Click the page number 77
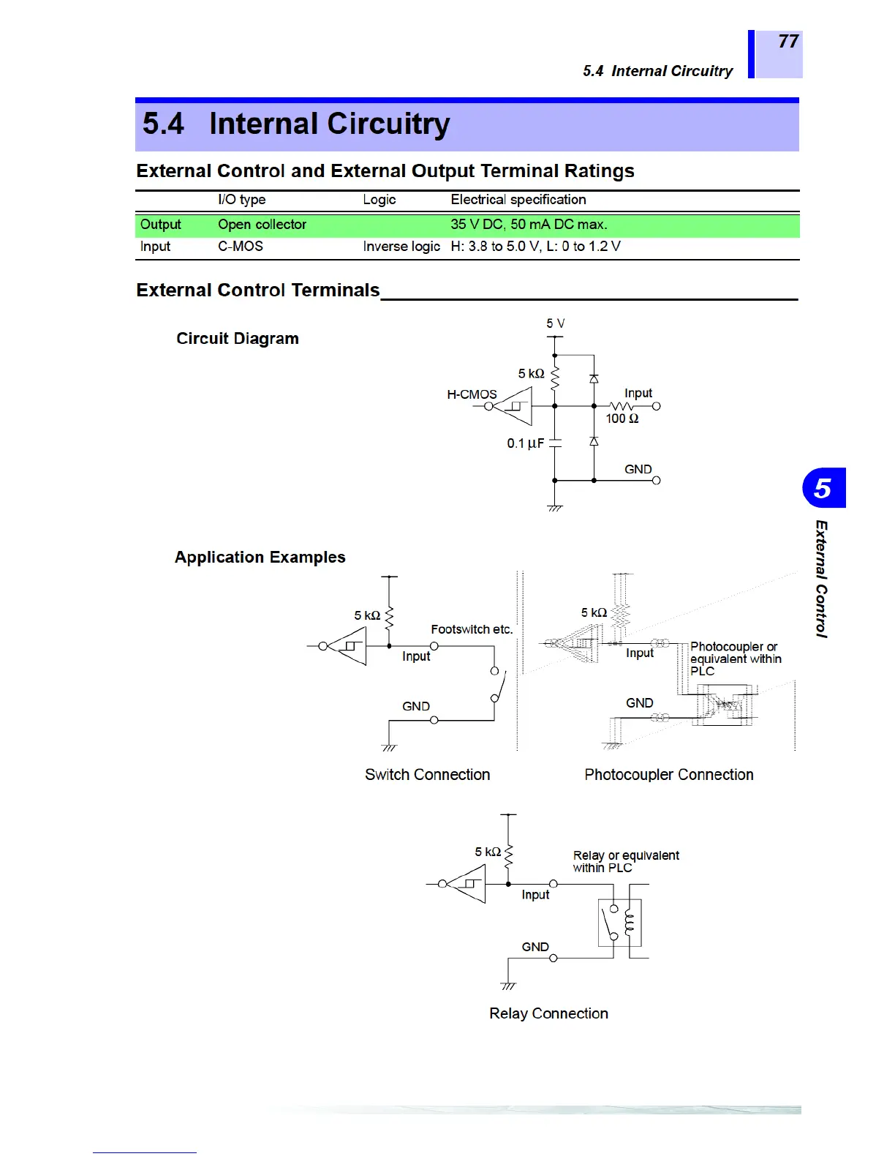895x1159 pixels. tap(788, 42)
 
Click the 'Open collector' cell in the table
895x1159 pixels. tap(262, 225)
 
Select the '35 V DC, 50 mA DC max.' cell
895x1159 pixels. tap(529, 225)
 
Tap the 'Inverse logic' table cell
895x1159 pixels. tap(401, 247)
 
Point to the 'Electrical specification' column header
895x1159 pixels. tap(518, 200)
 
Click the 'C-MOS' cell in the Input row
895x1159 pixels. tap(240, 247)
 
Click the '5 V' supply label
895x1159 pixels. tap(555, 323)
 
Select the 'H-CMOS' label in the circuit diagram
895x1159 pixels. tap(472, 394)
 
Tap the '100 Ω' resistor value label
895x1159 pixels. tap(622, 419)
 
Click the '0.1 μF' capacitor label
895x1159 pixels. tap(525, 443)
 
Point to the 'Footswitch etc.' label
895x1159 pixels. tap(472, 629)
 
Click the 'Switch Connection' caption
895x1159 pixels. tap(427, 775)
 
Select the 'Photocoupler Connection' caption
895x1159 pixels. tap(668, 775)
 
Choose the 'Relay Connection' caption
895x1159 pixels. tap(548, 1013)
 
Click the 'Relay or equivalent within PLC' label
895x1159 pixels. tap(625, 861)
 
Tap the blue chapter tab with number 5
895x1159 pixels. tap(823, 488)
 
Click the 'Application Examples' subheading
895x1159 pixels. tap(260, 558)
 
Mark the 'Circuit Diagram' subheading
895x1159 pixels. tap(238, 339)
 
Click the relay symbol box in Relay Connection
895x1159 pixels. tap(619, 923)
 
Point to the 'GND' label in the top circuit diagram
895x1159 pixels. tap(638, 469)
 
